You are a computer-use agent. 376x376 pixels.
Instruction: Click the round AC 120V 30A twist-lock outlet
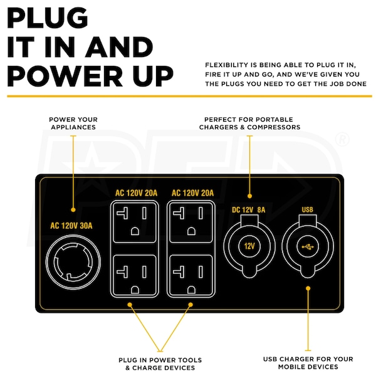pyautogui.click(x=73, y=262)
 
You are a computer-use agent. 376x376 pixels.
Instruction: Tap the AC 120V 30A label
pyautogui.click(x=71, y=226)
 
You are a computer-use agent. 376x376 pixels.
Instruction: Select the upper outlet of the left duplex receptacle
pyautogui.click(x=135, y=222)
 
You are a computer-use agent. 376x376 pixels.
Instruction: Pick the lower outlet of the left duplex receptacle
pyautogui.click(x=135, y=275)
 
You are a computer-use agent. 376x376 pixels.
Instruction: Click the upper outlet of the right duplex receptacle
pyautogui.click(x=191, y=222)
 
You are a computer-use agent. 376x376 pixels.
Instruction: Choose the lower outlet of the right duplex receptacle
pyautogui.click(x=191, y=275)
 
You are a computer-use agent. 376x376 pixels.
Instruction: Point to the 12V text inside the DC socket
pyautogui.click(x=249, y=246)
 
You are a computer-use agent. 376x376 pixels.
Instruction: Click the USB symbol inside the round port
pyautogui.click(x=308, y=247)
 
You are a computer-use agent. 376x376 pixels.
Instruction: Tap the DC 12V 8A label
pyautogui.click(x=249, y=210)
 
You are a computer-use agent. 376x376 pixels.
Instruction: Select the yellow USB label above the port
pyautogui.click(x=308, y=210)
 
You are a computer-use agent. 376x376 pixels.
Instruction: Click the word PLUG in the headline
pyautogui.click(x=48, y=18)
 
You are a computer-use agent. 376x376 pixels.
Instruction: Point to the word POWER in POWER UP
pyautogui.click(x=65, y=76)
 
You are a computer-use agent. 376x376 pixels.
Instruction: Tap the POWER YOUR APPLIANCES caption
pyautogui.click(x=73, y=123)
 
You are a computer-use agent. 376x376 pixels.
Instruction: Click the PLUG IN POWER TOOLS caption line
pyautogui.click(x=160, y=360)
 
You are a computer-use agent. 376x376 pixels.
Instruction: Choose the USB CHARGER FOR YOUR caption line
pyautogui.click(x=308, y=359)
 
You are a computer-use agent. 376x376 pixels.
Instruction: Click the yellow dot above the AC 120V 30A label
pyautogui.click(x=73, y=210)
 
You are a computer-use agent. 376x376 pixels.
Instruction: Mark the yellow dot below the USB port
pyautogui.click(x=308, y=288)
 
